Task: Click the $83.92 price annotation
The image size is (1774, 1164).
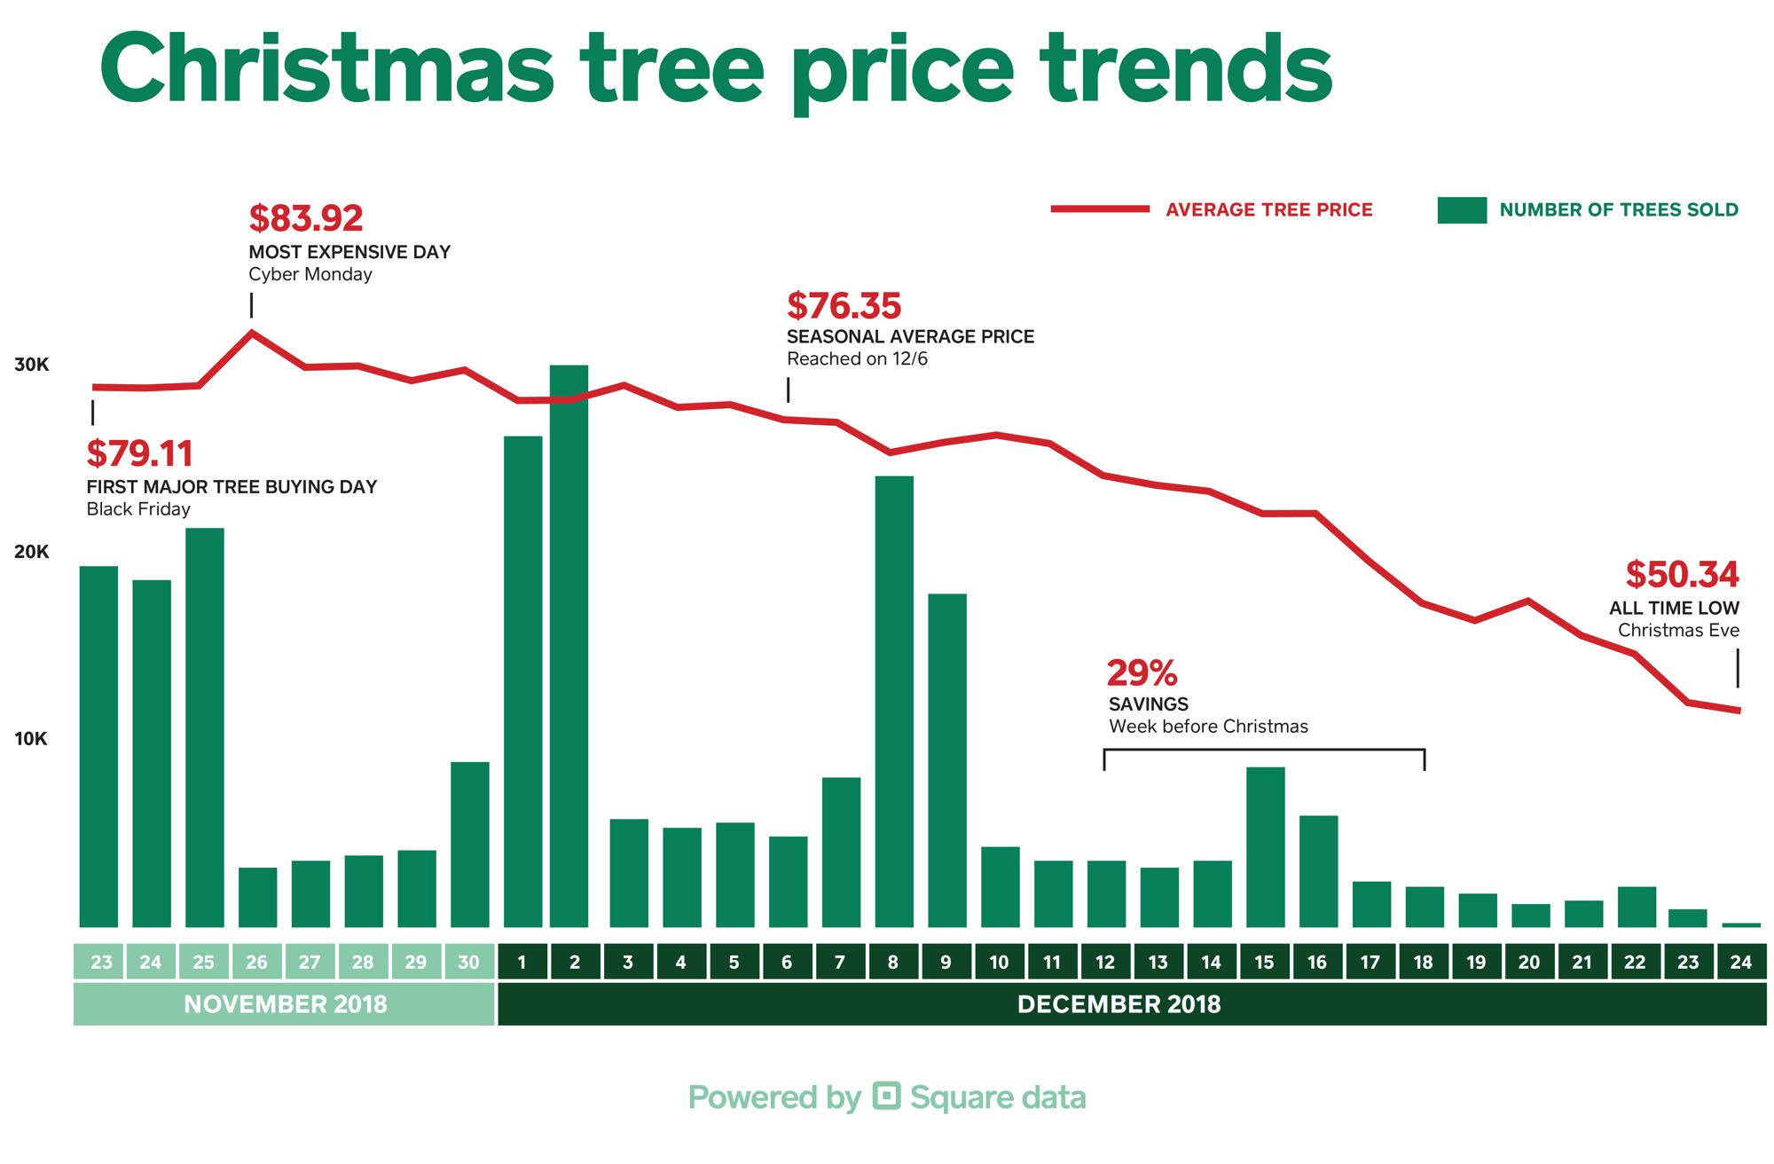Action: [306, 218]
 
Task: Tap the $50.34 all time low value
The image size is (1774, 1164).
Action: [1682, 575]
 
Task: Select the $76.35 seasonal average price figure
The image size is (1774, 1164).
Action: [844, 306]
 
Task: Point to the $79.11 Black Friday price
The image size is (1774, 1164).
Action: [139, 453]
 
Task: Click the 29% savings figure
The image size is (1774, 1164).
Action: [1142, 673]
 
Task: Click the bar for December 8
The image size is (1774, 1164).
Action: [894, 702]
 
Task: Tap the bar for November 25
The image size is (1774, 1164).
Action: [205, 727]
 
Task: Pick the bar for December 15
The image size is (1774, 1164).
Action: [1265, 847]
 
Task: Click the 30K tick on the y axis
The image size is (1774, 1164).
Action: [32, 366]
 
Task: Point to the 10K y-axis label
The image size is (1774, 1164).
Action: [32, 739]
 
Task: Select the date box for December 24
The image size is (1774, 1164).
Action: [1740, 963]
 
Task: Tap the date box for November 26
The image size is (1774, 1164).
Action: [256, 963]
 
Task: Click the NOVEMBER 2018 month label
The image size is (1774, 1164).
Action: [285, 1005]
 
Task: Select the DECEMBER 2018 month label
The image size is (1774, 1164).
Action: [1119, 1005]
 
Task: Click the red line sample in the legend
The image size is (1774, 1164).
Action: [1100, 209]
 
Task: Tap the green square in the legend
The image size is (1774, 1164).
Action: [1462, 210]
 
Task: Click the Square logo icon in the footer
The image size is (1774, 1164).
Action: [886, 1097]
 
